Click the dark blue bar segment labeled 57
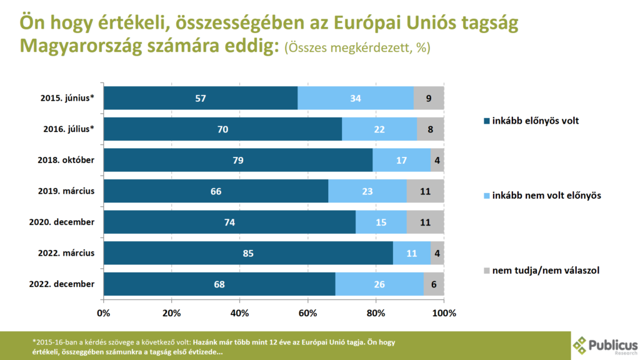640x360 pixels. (201, 98)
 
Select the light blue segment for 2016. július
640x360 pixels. (379, 129)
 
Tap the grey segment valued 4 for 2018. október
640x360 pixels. (437, 160)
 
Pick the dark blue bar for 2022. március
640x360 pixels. (248, 253)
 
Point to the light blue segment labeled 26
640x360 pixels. (379, 284)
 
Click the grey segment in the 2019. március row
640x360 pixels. (425, 191)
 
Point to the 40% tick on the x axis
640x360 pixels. (239, 312)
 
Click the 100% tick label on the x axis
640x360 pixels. (444, 312)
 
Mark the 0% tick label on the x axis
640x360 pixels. (104, 312)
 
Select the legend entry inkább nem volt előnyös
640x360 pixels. (542, 196)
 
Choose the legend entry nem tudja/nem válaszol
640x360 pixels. (542, 271)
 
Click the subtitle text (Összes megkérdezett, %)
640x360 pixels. (357, 49)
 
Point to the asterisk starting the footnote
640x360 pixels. (34, 342)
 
